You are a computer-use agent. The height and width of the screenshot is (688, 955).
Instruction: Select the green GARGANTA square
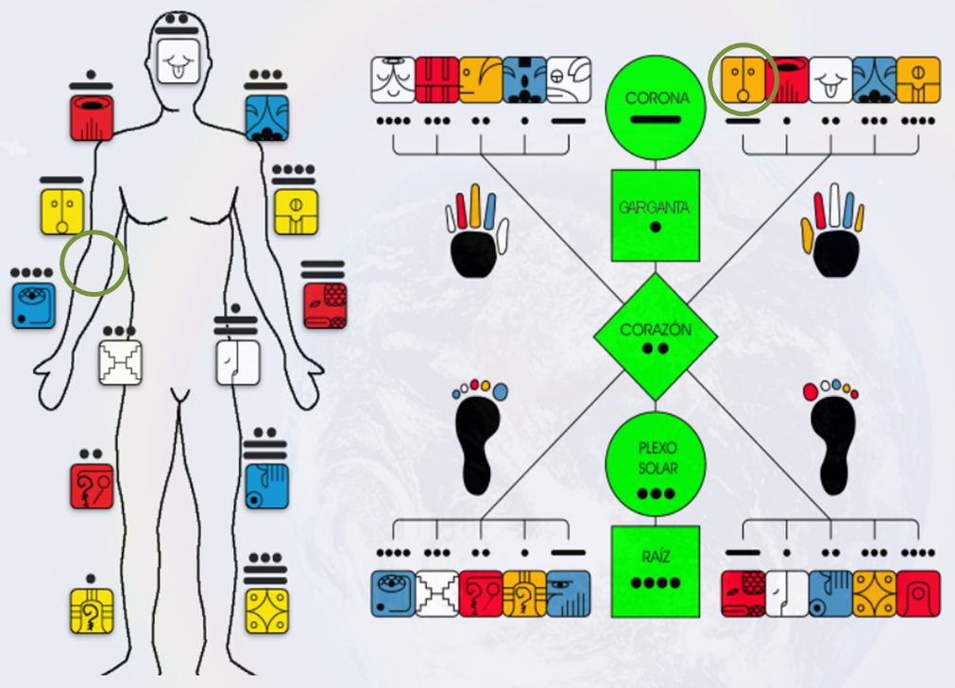tap(656, 215)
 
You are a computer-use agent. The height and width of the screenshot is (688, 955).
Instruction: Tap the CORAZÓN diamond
tap(656, 336)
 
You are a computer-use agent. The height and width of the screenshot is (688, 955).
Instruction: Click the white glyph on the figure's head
tap(178, 62)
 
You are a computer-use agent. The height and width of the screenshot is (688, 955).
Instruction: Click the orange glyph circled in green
tap(742, 79)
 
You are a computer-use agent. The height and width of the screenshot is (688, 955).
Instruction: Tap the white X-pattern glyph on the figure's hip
tap(121, 362)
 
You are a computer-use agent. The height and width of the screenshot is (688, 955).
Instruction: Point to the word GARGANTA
tap(656, 206)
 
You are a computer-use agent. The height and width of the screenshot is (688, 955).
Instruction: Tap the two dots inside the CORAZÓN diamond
tap(656, 349)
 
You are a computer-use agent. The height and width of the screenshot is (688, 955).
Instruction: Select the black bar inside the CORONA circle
tap(656, 119)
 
